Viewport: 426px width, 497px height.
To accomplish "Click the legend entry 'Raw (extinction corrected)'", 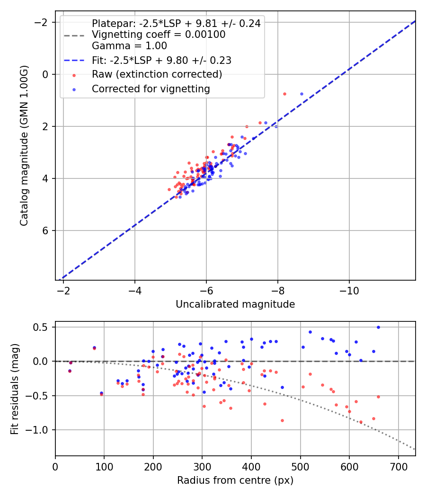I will point(157,74).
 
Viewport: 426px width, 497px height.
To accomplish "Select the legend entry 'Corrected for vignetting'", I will point(151,89).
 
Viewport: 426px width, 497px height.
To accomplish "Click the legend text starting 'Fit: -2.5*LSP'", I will point(161,60).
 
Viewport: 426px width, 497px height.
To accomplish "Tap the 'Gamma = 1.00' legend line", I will point(129,46).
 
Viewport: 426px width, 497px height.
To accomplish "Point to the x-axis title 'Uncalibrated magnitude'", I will point(235,304).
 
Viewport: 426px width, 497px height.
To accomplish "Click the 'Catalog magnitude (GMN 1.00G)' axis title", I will point(24,146).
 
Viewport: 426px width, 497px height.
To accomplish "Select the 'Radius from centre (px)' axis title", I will point(235,480).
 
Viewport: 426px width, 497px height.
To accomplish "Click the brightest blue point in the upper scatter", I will point(302,94).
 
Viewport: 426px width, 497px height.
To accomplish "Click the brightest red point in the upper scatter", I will point(284,94).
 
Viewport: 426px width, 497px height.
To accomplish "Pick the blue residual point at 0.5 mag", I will point(378,327).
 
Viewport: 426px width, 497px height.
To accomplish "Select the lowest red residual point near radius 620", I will point(361,422).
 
